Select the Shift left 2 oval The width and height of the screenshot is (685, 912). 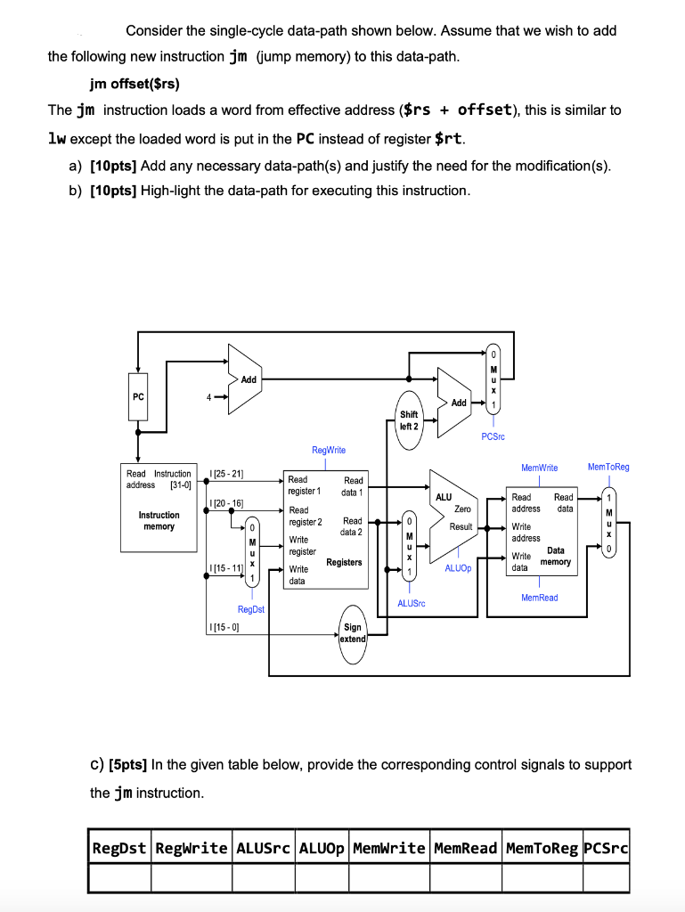click(x=409, y=420)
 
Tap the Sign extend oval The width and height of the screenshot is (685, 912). click(x=353, y=632)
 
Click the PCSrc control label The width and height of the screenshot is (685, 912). click(x=493, y=436)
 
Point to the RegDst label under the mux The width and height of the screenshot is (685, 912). click(x=251, y=609)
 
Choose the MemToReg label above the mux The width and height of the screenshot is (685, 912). click(x=608, y=467)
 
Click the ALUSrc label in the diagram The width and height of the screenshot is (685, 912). click(x=412, y=603)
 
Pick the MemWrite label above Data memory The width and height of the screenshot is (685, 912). click(x=539, y=468)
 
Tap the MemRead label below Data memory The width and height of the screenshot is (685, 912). click(x=539, y=598)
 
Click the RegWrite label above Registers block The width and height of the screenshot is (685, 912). click(x=329, y=451)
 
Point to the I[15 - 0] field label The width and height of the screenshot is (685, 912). click(x=224, y=628)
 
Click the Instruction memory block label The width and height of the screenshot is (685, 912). click(x=159, y=521)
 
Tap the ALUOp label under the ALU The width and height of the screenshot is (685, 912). click(x=456, y=567)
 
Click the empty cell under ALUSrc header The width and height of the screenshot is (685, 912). click(x=264, y=878)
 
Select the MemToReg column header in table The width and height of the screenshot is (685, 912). click(x=541, y=847)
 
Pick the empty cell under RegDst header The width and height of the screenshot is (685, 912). click(x=119, y=878)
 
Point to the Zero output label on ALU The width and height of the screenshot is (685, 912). click(x=462, y=509)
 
